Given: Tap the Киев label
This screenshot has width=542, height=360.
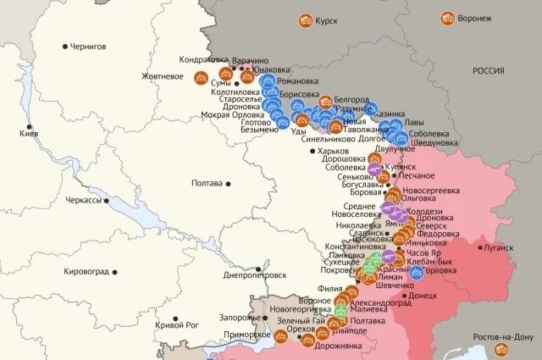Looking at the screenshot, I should (x=29, y=135).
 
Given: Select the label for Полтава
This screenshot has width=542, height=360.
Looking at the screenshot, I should (x=207, y=182).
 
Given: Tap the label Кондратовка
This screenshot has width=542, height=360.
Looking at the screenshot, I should (x=204, y=60).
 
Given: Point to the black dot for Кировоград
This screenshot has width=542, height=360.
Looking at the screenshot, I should (x=115, y=272).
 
